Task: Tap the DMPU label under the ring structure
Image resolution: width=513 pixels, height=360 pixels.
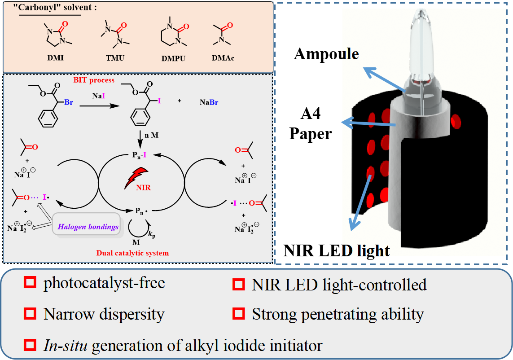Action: pyautogui.click(x=173, y=59)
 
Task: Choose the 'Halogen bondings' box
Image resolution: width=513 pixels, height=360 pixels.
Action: pyautogui.click(x=88, y=227)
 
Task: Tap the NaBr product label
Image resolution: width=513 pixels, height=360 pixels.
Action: pyautogui.click(x=210, y=102)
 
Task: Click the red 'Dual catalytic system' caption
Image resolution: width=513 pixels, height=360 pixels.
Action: pyautogui.click(x=132, y=253)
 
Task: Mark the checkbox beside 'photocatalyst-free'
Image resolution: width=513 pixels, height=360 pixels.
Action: pyautogui.click(x=30, y=283)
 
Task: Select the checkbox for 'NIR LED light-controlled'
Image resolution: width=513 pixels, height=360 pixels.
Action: pyautogui.click(x=238, y=284)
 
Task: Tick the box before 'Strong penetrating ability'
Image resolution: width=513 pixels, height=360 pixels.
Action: pyautogui.click(x=238, y=313)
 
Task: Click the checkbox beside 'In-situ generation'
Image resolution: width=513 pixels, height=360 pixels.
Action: pyautogui.click(x=30, y=345)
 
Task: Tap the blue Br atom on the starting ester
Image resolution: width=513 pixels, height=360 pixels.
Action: pyautogui.click(x=69, y=102)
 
